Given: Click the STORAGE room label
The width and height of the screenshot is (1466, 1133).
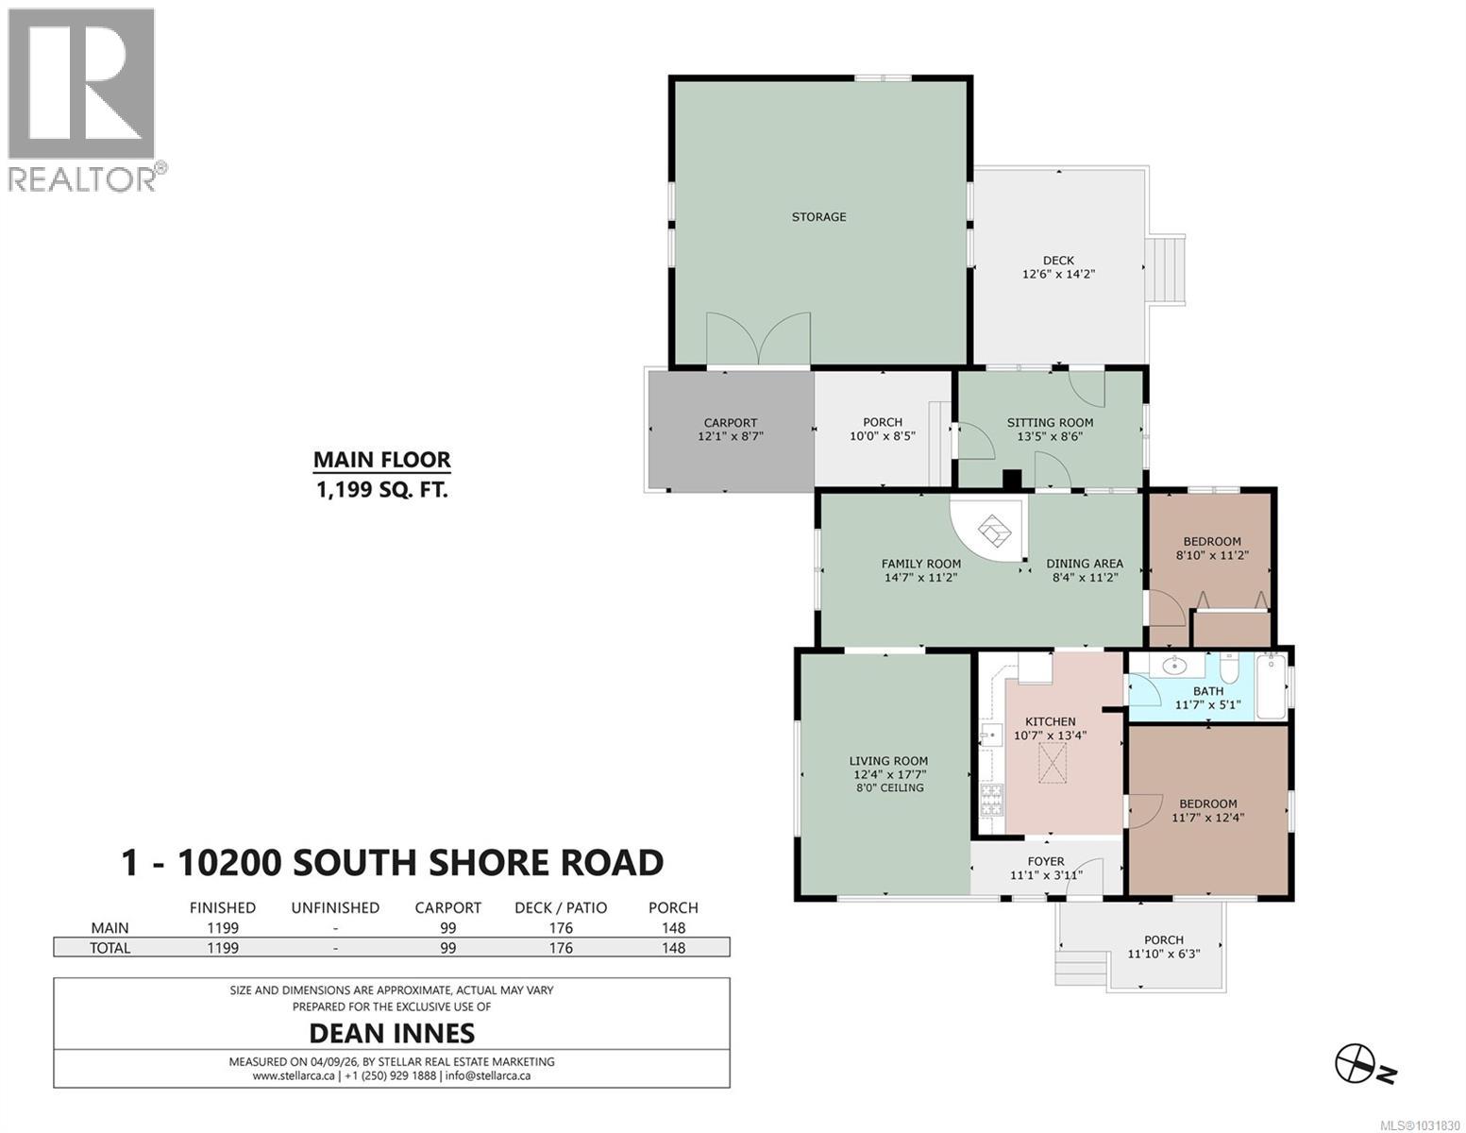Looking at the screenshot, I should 818,217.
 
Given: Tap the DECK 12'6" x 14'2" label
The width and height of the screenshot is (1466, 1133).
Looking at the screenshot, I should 1058,267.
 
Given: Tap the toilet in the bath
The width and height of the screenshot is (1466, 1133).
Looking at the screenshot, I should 1228,669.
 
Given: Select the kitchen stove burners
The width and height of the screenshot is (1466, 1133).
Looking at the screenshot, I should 992,800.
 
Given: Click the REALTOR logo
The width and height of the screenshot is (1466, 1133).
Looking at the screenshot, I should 82,99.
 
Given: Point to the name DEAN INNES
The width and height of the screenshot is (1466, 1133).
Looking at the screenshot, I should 391,1032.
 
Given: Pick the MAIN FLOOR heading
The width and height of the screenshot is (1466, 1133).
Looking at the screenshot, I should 381,460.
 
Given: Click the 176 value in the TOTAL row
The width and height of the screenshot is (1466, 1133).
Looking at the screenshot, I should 561,948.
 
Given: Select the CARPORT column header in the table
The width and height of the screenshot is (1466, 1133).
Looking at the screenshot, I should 447,907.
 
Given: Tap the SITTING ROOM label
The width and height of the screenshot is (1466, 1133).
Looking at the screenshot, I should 1050,423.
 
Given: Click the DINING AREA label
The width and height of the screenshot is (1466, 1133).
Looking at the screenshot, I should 1085,564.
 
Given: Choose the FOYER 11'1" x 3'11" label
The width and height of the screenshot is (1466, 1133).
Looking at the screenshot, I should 1046,868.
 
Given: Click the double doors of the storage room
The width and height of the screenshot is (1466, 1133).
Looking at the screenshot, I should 758,340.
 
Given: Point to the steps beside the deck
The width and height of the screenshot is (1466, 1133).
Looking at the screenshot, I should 1167,269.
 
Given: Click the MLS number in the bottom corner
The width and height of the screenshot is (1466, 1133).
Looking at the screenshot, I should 1419,1124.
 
